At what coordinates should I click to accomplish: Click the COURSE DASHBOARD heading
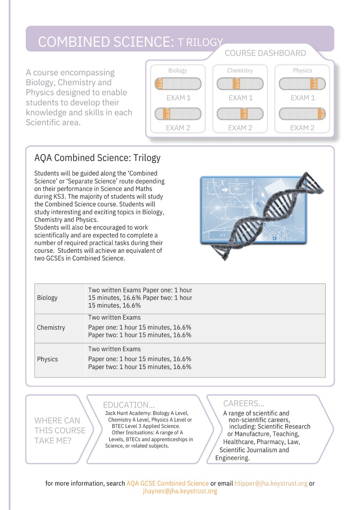click(x=265, y=53)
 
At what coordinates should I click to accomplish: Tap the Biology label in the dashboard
click(x=178, y=71)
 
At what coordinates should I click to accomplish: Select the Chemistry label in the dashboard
click(x=240, y=71)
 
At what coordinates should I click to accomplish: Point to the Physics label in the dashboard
click(x=302, y=71)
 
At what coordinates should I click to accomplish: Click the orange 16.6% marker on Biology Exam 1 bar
click(x=160, y=84)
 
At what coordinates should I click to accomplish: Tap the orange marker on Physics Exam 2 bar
click(x=322, y=114)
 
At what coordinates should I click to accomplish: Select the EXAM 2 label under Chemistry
click(x=240, y=128)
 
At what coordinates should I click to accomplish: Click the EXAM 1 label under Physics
click(x=303, y=98)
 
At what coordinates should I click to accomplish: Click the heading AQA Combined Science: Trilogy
click(x=97, y=158)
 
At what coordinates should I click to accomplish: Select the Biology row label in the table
click(x=47, y=298)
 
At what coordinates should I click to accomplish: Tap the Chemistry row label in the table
click(x=51, y=327)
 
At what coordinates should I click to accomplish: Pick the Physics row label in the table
click(x=47, y=359)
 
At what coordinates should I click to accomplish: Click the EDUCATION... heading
click(x=129, y=405)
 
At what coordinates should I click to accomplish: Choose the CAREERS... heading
click(x=244, y=403)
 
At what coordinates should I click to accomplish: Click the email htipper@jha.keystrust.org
click(x=271, y=483)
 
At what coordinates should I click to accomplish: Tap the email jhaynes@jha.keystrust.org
click(x=180, y=491)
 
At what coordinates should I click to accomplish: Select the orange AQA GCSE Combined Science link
click(x=168, y=483)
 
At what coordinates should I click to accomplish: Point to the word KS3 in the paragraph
click(x=59, y=196)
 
